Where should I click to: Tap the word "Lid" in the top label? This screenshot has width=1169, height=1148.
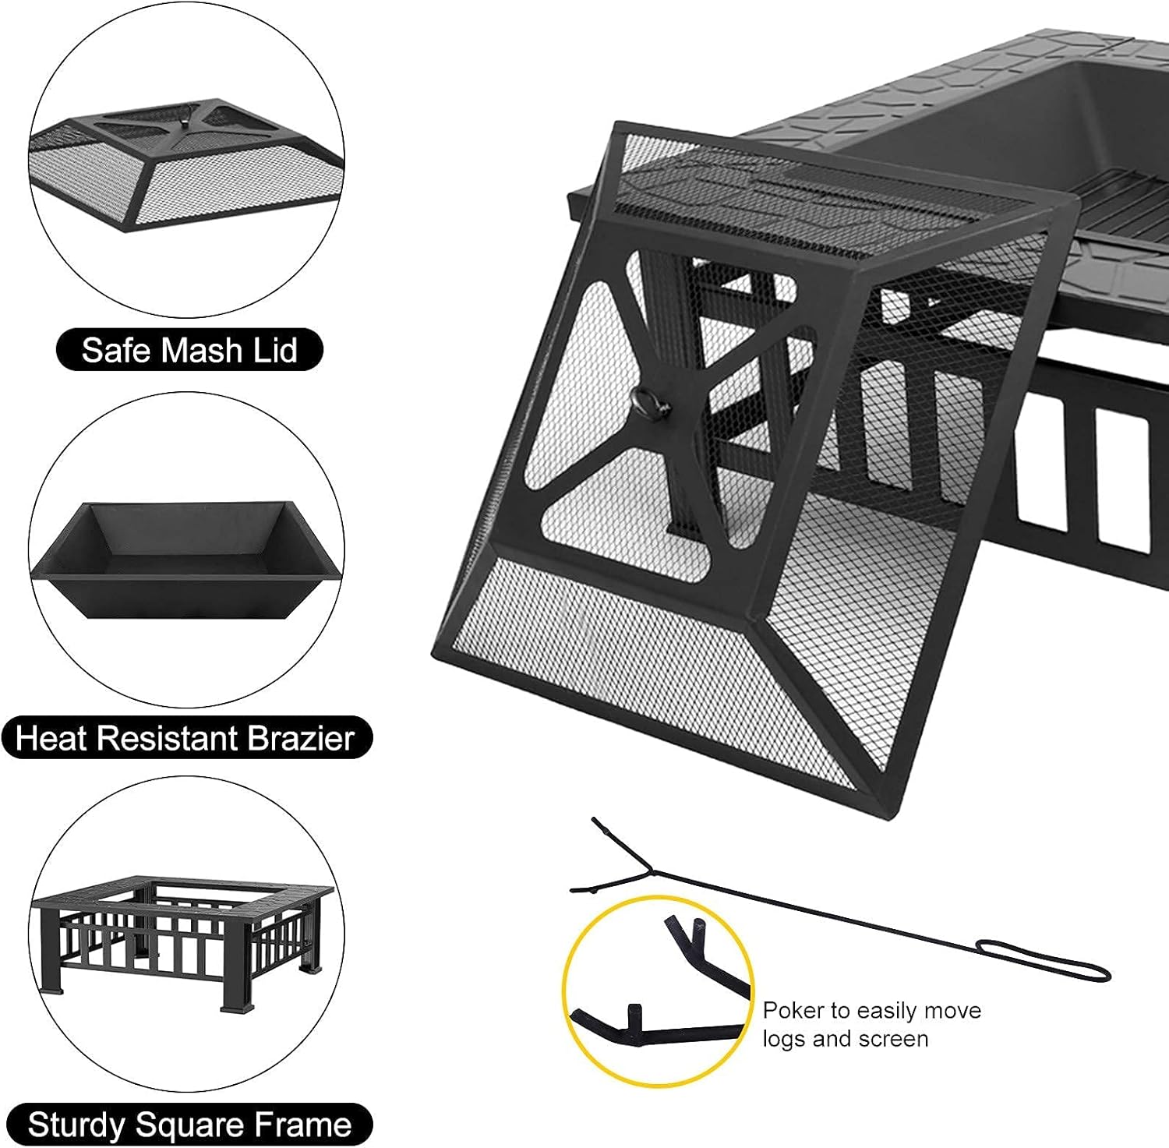point(273,350)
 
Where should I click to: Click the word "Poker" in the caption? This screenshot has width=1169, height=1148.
point(793,1011)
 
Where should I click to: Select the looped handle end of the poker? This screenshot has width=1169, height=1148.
point(1044,960)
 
